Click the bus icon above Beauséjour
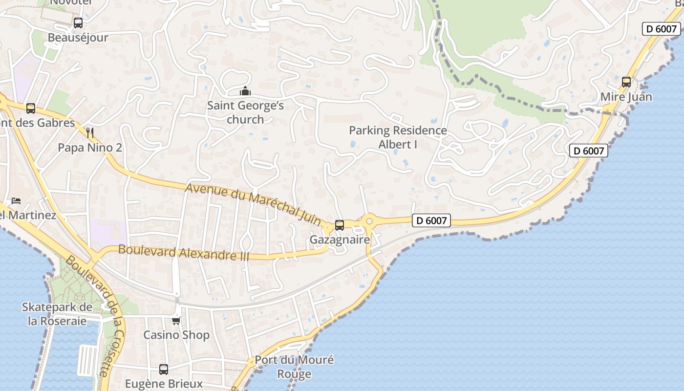78,23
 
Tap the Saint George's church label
245,112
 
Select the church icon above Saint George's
245,91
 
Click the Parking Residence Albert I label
398,137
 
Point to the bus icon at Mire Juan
626,82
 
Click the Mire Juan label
626,97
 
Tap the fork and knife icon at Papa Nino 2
89,133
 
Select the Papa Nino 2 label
90,148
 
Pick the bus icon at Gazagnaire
339,225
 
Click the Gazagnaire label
340,240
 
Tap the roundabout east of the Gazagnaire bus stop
369,221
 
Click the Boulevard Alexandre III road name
184,253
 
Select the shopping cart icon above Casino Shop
176,321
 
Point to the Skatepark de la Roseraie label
57,314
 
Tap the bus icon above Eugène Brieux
164,369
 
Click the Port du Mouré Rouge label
294,367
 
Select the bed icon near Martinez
16,201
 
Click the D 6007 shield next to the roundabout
431,221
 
